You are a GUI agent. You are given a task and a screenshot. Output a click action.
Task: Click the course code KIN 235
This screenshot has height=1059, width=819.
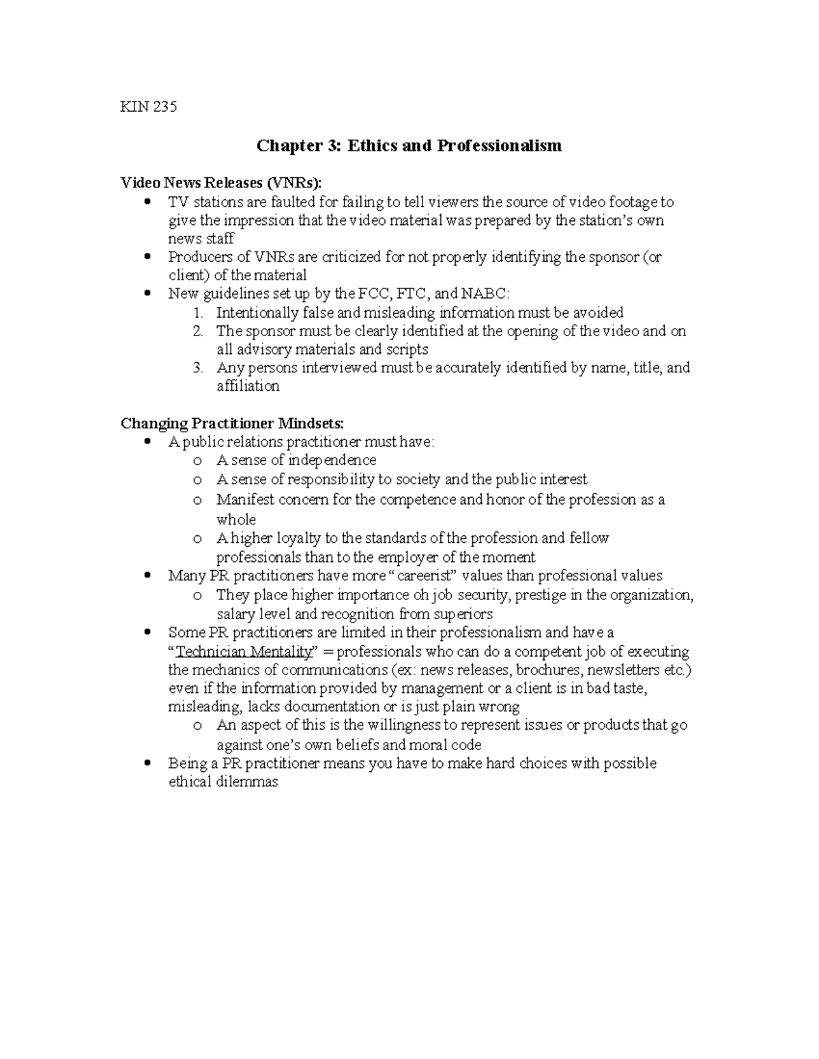tap(148, 106)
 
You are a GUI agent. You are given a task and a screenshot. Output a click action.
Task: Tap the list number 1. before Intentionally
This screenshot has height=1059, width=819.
tap(197, 313)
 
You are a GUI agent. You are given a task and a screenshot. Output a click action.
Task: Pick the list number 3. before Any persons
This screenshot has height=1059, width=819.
tap(197, 368)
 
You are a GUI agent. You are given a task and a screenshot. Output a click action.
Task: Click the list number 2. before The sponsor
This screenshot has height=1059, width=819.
tap(197, 331)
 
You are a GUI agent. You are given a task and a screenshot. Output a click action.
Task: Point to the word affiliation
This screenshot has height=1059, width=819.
tap(248, 387)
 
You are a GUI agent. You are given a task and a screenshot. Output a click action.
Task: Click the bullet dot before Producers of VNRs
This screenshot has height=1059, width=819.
tap(147, 258)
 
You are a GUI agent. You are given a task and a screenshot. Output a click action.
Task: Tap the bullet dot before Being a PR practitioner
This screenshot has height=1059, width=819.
tap(147, 764)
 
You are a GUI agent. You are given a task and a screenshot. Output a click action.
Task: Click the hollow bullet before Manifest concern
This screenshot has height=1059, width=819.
tap(197, 501)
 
